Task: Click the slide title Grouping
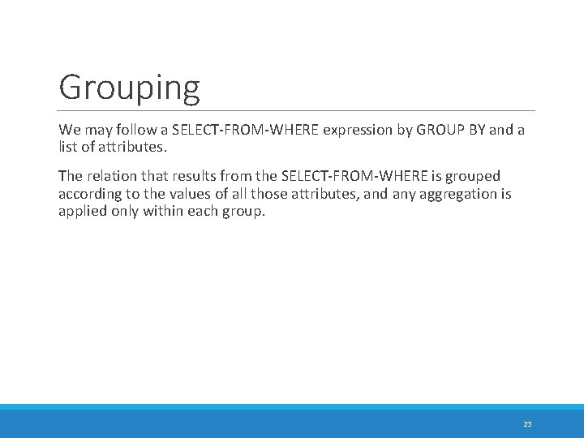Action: click(x=129, y=88)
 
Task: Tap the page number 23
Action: click(x=527, y=424)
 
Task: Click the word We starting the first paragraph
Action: click(x=69, y=130)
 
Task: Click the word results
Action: click(x=201, y=176)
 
